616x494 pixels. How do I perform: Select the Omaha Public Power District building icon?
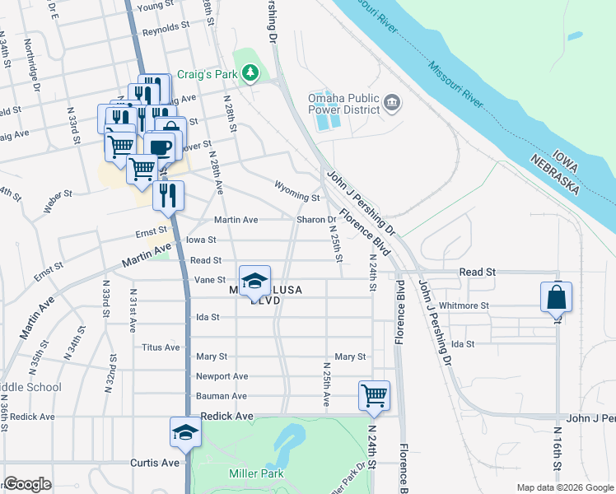coord(392,103)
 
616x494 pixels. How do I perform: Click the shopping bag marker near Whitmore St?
coord(556,297)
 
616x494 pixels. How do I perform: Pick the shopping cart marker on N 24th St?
coord(374,395)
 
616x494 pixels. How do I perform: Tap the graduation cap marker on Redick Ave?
coord(185,432)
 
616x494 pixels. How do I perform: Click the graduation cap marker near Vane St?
coord(254,281)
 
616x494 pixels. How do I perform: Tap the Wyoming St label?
coord(296,198)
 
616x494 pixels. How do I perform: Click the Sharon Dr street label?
coord(316,220)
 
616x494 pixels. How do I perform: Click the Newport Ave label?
coord(222,376)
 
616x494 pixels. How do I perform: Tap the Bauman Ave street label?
coord(222,396)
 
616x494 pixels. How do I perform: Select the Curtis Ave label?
coord(154,463)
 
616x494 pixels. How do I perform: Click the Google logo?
coord(28,484)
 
